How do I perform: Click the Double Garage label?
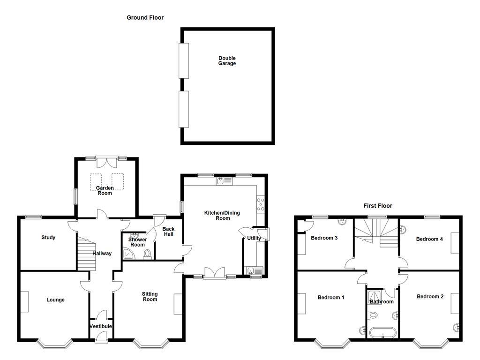pos(227,61)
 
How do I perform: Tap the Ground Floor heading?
pos(145,18)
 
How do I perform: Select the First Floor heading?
pos(378,206)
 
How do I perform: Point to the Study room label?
pos(48,238)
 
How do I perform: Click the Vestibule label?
pos(101,326)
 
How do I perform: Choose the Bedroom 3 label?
pos(324,238)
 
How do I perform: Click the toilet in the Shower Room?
pos(148,254)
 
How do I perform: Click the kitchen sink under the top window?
pos(221,181)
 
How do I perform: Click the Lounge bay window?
pos(54,345)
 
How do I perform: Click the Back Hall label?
pos(168,232)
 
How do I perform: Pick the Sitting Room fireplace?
pos(178,304)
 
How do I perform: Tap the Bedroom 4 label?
pos(429,239)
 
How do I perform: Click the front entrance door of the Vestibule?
pos(101,336)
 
